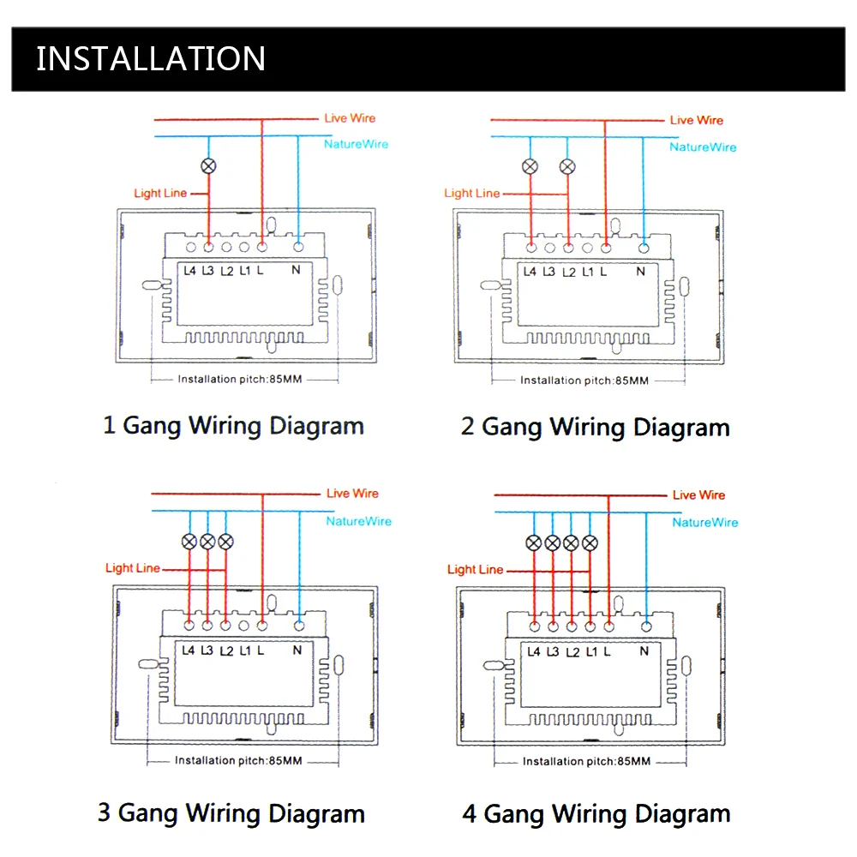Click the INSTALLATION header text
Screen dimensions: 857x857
point(151,58)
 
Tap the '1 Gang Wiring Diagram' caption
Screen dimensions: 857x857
point(233,425)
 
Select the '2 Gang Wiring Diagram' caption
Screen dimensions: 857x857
point(595,427)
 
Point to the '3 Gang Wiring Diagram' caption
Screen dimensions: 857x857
point(231,812)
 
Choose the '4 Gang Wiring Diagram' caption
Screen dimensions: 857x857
point(596,813)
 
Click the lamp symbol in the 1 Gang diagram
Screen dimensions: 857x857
point(207,166)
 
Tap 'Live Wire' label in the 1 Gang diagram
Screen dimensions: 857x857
point(350,118)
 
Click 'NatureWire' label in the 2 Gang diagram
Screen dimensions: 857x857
point(703,147)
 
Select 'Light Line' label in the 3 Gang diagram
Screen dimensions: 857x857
point(133,568)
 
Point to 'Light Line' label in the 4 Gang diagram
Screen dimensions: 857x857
point(475,569)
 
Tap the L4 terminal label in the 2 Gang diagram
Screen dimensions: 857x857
point(530,273)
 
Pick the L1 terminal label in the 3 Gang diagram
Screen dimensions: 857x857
point(244,650)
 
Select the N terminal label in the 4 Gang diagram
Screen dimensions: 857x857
point(644,651)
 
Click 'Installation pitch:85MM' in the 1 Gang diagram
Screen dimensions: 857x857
point(239,379)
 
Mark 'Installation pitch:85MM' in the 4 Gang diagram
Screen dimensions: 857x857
point(586,761)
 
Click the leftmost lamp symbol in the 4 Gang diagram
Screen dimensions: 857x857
point(533,542)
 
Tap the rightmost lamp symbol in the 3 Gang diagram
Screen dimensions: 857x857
point(225,542)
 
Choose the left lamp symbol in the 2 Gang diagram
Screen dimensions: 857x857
point(530,167)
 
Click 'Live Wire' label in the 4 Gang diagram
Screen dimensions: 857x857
point(698,494)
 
